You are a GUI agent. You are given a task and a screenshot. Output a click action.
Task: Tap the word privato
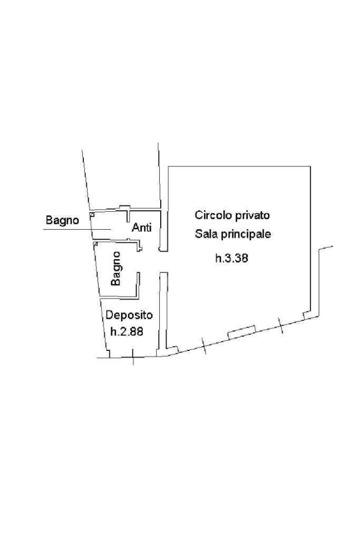pyautogui.click(x=252, y=216)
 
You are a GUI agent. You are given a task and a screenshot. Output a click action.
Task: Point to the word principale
pyautogui.click(x=246, y=234)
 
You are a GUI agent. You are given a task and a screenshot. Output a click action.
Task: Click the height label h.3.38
pyautogui.click(x=231, y=258)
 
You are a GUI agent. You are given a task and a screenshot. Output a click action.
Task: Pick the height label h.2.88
pyautogui.click(x=127, y=331)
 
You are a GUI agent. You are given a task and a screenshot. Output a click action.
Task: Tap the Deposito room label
pyautogui.click(x=129, y=315)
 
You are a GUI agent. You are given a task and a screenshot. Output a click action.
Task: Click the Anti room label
pyautogui.click(x=142, y=227)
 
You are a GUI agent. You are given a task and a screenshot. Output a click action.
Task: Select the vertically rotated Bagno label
pyautogui.click(x=116, y=268)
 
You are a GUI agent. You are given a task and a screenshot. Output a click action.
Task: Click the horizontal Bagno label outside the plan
pyautogui.click(x=62, y=220)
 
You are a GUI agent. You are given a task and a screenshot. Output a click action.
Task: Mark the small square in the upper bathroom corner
pyautogui.click(x=92, y=214)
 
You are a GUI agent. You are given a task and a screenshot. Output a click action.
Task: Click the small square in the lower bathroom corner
pyautogui.click(x=95, y=244)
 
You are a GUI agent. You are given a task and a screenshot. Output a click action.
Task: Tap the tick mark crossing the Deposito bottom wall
pyautogui.click(x=133, y=357)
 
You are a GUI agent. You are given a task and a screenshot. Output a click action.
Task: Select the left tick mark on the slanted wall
pyautogui.click(x=205, y=346)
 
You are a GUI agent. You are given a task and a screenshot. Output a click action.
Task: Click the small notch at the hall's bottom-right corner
pyautogui.click(x=306, y=315)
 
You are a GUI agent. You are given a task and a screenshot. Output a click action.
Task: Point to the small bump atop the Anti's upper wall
pyautogui.click(x=124, y=207)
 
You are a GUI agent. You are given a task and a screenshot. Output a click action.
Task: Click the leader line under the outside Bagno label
pyautogui.click(x=77, y=229)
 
